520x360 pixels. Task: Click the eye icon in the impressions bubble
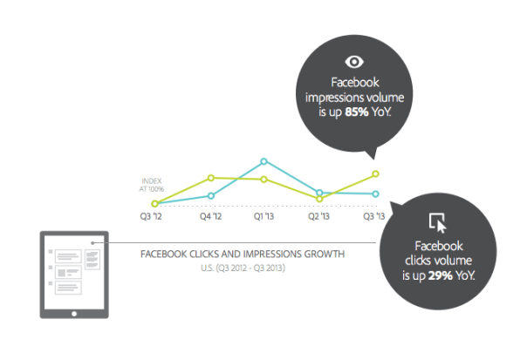pos(354,62)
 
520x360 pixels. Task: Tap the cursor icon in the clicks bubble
pos(438,223)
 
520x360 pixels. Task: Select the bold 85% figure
pos(357,112)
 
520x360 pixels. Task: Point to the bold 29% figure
pos(441,275)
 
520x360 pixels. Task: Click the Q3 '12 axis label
pos(151,216)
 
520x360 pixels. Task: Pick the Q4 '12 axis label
pos(210,216)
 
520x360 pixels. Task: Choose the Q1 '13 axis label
pos(264,216)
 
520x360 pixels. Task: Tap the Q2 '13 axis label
pos(318,216)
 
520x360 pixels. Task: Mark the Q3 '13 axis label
pos(374,216)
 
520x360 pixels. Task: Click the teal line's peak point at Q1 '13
pos(264,161)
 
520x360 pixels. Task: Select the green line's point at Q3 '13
pos(376,173)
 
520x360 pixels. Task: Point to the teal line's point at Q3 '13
pos(375,194)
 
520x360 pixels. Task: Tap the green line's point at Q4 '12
pos(211,178)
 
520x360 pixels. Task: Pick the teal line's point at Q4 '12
pos(211,196)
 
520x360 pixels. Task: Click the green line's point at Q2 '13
pos(319,199)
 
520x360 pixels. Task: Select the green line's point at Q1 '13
pos(264,180)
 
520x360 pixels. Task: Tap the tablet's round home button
pos(74,314)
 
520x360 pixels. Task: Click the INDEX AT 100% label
pos(152,185)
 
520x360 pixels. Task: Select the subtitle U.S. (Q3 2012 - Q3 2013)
pos(243,268)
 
